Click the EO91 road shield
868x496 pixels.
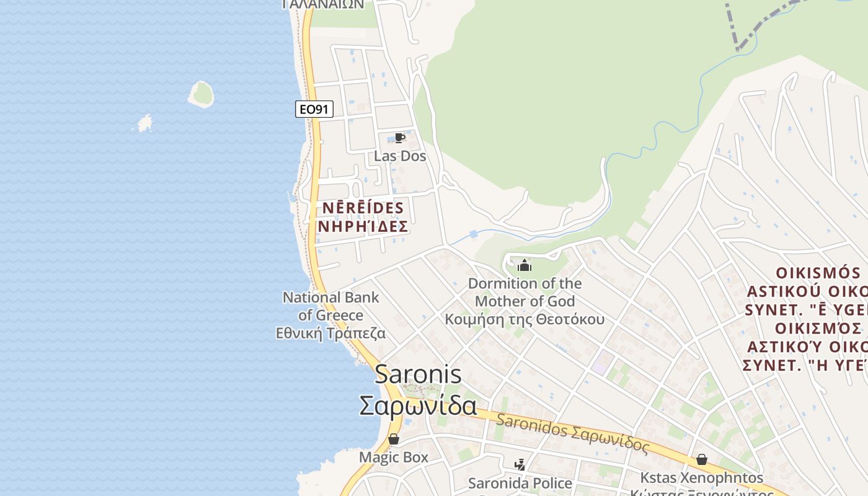pos(314,110)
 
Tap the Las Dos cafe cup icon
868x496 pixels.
pos(400,138)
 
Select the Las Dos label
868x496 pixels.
pos(400,156)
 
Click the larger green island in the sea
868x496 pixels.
pos(201,94)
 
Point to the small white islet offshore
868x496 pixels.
pos(144,123)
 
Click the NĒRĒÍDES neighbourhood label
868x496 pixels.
pos(363,208)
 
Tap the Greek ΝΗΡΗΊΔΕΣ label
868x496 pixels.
pos(363,227)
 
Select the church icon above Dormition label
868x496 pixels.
pos(525,266)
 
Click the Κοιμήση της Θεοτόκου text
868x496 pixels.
pos(525,319)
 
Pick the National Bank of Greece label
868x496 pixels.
pos(330,306)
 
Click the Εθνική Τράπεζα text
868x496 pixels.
pos(330,334)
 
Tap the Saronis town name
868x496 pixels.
pos(418,374)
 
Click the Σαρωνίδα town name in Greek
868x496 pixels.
pos(418,406)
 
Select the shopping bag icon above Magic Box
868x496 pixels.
pos(394,440)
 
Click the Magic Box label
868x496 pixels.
pos(394,458)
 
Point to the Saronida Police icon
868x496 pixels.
pos(520,464)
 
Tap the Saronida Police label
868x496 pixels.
pos(520,483)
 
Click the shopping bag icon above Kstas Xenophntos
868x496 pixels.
pos(702,459)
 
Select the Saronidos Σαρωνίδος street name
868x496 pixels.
pos(572,433)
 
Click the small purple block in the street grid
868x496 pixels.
pos(600,362)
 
